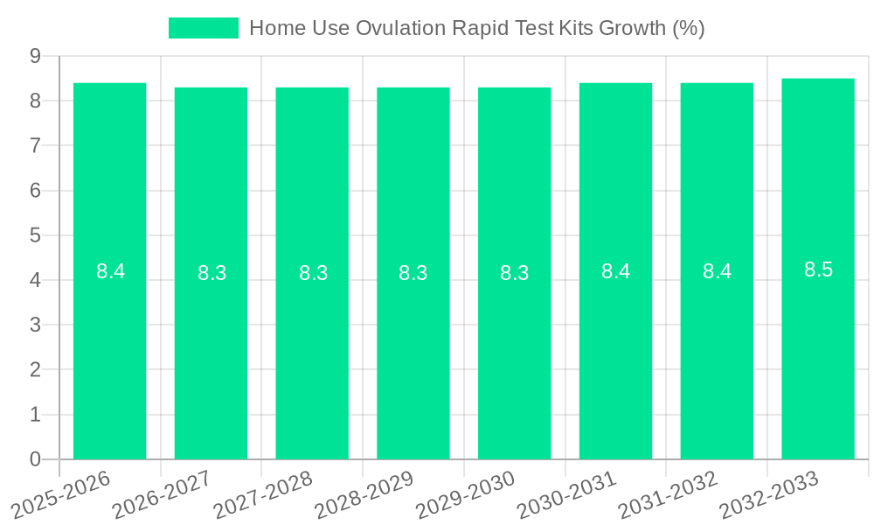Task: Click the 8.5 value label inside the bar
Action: click(818, 269)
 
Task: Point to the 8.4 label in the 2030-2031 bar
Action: click(615, 271)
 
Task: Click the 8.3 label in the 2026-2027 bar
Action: click(212, 273)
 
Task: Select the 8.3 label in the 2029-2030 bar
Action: click(514, 273)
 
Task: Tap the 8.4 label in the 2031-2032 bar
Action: click(717, 271)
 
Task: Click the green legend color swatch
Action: click(203, 28)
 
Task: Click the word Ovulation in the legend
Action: click(399, 28)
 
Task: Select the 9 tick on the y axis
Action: click(35, 56)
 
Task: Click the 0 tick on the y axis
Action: click(35, 459)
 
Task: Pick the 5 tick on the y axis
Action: click(35, 235)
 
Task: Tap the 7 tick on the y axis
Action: click(35, 145)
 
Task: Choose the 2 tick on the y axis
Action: click(35, 369)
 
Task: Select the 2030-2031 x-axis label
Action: click(567, 494)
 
